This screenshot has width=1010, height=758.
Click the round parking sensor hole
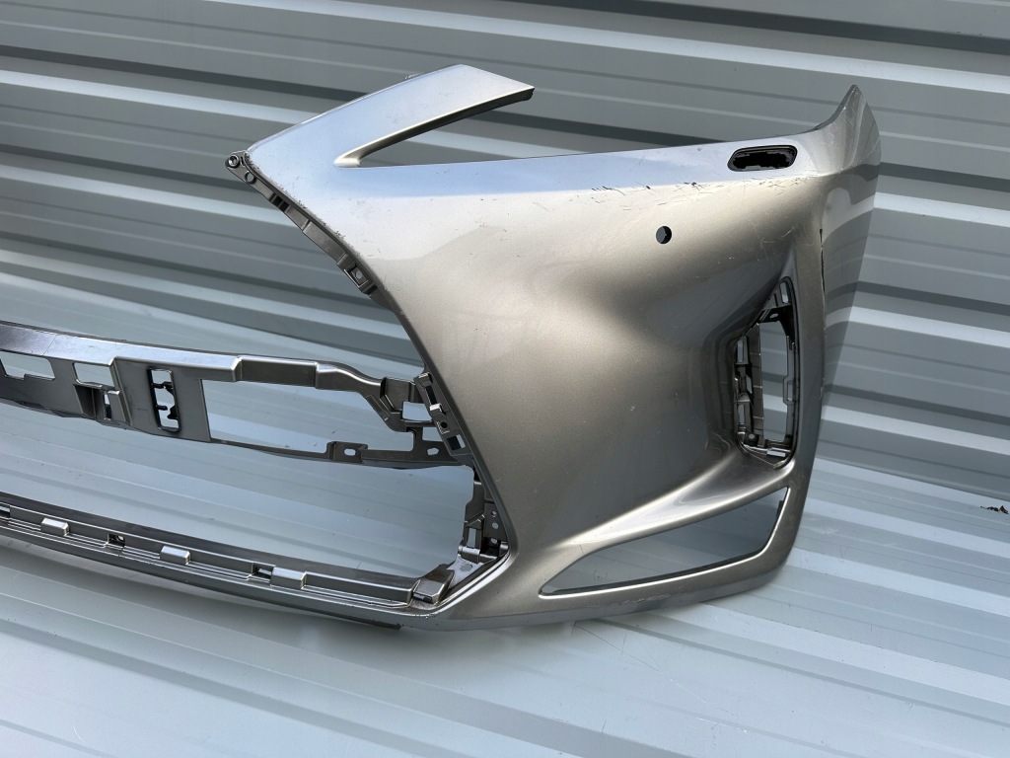(x=664, y=234)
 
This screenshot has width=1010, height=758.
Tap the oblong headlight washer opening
(x=762, y=158)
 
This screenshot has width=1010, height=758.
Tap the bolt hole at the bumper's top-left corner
(x=235, y=158)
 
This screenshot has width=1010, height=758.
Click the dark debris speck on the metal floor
(x=994, y=509)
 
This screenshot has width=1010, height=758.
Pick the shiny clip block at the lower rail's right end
(x=431, y=589)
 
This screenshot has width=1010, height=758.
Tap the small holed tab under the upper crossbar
(x=344, y=451)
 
